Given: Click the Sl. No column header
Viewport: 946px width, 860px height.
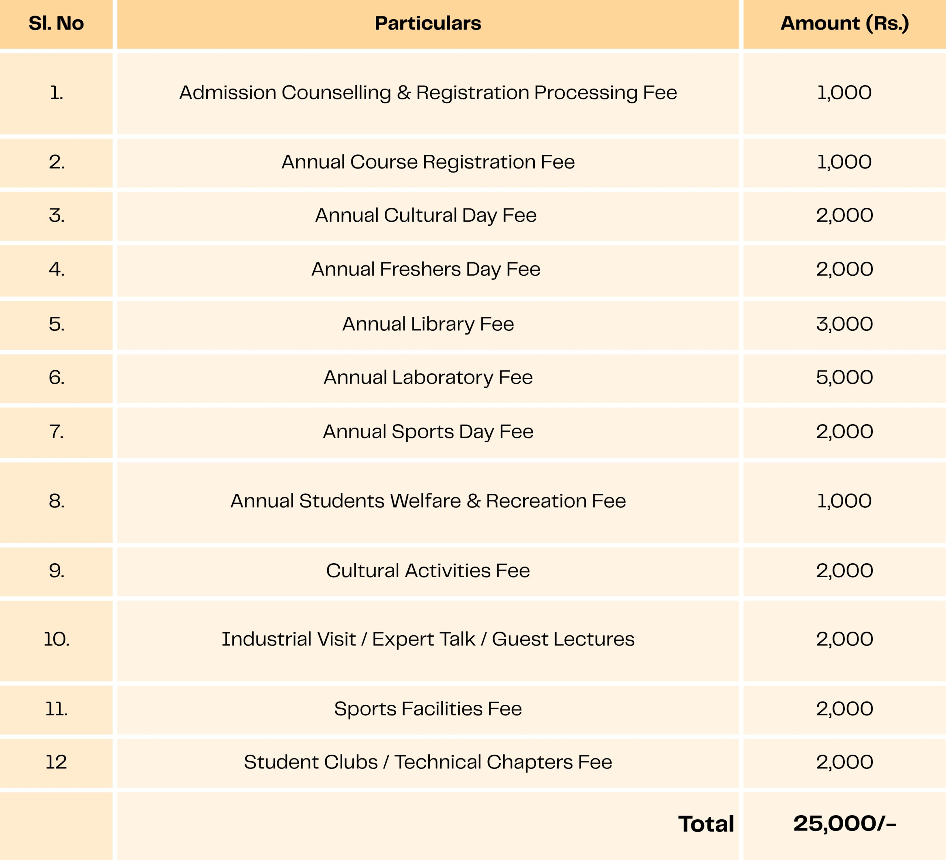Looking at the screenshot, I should pyautogui.click(x=56, y=23).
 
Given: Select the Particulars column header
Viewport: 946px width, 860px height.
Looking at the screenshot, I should pyautogui.click(x=428, y=23).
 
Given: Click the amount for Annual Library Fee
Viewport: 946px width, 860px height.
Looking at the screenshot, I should pyautogui.click(x=844, y=324).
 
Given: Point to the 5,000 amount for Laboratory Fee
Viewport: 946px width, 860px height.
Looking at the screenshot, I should pyautogui.click(x=844, y=378).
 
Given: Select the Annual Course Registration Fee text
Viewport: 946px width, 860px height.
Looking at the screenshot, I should pyautogui.click(x=428, y=162).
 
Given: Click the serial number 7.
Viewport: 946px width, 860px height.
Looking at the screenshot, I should pyautogui.click(x=56, y=432).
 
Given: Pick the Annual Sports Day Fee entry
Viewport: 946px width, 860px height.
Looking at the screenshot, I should pyautogui.click(x=428, y=432).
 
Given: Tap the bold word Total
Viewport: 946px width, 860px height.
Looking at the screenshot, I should pyautogui.click(x=706, y=825).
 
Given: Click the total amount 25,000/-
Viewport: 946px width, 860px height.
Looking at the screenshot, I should pyautogui.click(x=844, y=824).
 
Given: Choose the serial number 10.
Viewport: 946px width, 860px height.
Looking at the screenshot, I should pyautogui.click(x=56, y=639).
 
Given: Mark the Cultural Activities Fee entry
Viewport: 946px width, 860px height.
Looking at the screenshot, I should pyautogui.click(x=428, y=571).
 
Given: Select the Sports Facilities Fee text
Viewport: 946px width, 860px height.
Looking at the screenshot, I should pyautogui.click(x=428, y=709).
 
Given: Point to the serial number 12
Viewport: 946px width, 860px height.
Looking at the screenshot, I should pyautogui.click(x=56, y=762).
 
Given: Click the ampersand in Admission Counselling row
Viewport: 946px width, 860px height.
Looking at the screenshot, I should pyautogui.click(x=404, y=93).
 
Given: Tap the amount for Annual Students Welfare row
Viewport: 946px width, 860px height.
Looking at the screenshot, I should pyautogui.click(x=844, y=501).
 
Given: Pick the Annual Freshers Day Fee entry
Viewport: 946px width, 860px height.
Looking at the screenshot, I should pyautogui.click(x=426, y=269).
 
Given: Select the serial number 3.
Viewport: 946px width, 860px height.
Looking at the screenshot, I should pyautogui.click(x=56, y=216).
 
